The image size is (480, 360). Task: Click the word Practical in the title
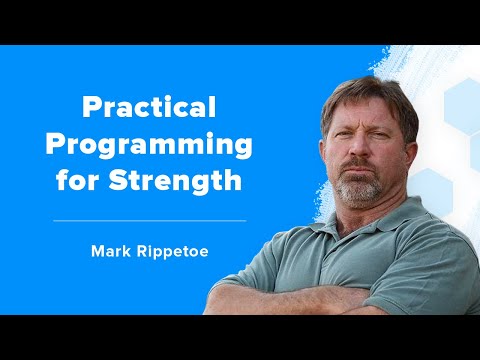point(150,105)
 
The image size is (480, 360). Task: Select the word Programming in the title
point(150,144)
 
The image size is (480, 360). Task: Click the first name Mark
point(111,251)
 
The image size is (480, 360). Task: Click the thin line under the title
point(150,219)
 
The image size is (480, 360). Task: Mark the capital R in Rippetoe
point(140,251)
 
